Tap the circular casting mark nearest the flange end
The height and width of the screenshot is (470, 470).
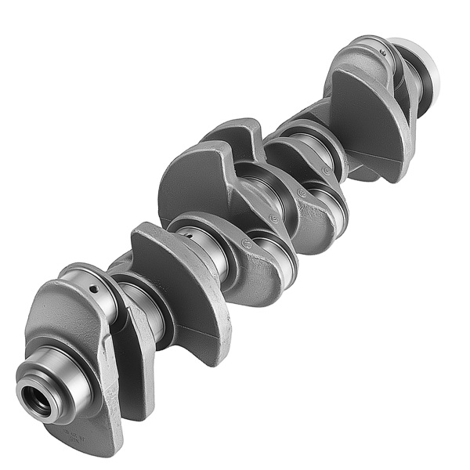[x=302, y=192]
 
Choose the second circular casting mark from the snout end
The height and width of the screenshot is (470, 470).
[x=273, y=219]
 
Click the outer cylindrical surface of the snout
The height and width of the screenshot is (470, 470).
[x=59, y=376]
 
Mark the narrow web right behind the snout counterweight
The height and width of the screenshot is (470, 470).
[x=129, y=345]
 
